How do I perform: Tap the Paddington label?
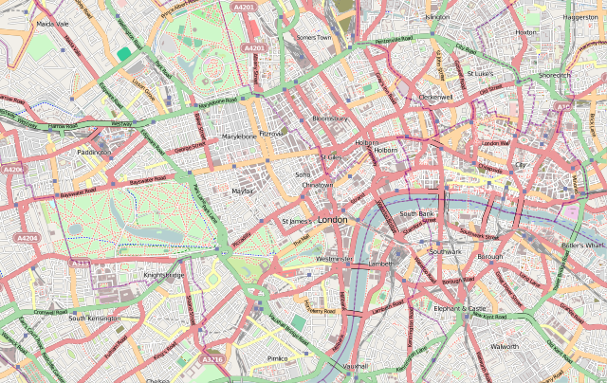point(94,152)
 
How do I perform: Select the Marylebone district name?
point(238,137)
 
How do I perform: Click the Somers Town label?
point(313,37)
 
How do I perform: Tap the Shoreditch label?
point(555,75)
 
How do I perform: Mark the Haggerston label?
point(579,17)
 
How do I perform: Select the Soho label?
point(303,174)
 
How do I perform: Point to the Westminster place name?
point(335,258)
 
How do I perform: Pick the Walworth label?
point(504,347)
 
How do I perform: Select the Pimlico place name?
point(277,358)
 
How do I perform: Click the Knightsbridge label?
point(163,275)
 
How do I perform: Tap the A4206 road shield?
point(12,170)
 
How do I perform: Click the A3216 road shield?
point(212,359)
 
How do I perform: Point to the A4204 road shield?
point(27,238)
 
